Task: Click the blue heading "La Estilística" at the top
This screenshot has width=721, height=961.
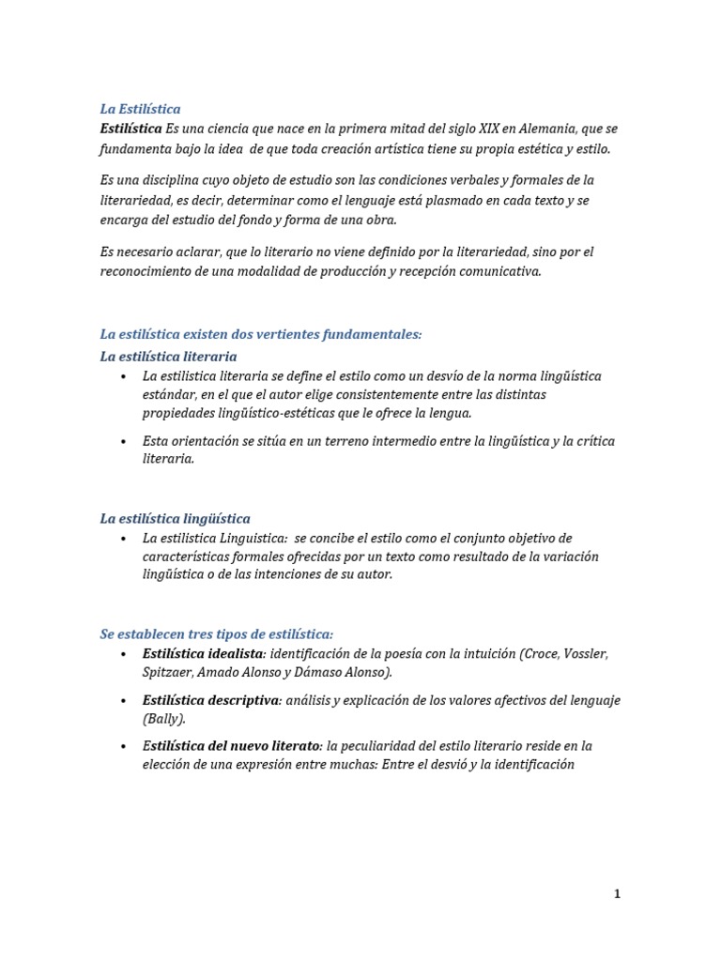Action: pos(140,109)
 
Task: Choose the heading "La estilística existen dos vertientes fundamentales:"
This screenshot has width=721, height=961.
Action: pos(261,334)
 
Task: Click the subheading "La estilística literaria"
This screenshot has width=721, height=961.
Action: pos(168,357)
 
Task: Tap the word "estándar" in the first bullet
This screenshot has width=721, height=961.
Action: pos(168,395)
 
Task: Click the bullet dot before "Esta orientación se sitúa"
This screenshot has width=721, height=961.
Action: pos(124,441)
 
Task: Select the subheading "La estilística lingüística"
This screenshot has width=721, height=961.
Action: pos(175,519)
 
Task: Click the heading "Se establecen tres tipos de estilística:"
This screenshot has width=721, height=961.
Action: pos(217,634)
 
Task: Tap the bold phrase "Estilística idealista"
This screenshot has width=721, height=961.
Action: pos(203,653)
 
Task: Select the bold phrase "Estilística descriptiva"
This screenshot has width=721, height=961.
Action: pos(211,700)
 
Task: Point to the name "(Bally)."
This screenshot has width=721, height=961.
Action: pos(164,719)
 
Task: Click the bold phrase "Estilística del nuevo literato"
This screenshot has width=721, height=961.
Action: pos(231,746)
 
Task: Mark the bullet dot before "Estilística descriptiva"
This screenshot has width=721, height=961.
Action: pos(124,701)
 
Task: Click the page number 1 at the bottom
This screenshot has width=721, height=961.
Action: pos(617,894)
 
